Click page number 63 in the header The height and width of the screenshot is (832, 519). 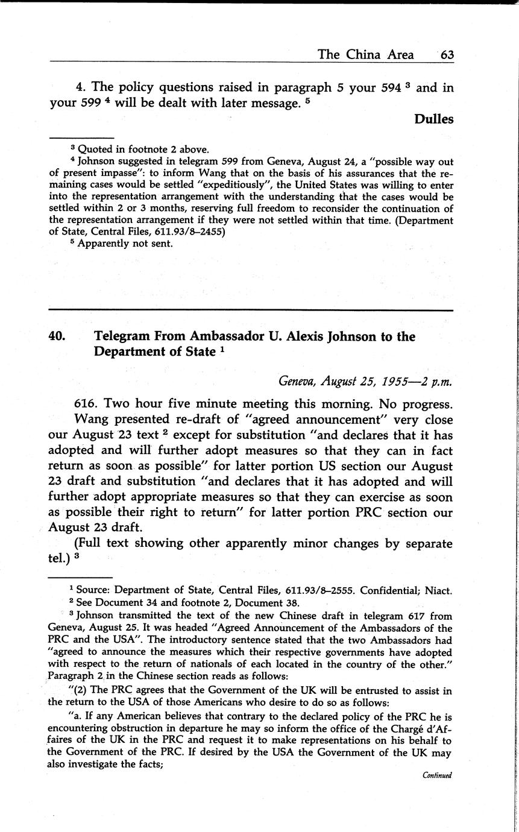pyautogui.click(x=447, y=55)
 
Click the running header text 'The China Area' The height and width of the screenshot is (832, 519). pyautogui.click(x=365, y=55)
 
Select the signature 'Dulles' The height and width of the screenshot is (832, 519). pyautogui.click(x=433, y=119)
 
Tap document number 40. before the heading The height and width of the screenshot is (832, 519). pyautogui.click(x=57, y=336)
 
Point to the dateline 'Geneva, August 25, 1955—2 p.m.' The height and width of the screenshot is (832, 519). pyautogui.click(x=365, y=380)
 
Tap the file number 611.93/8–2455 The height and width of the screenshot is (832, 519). pyautogui.click(x=185, y=232)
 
